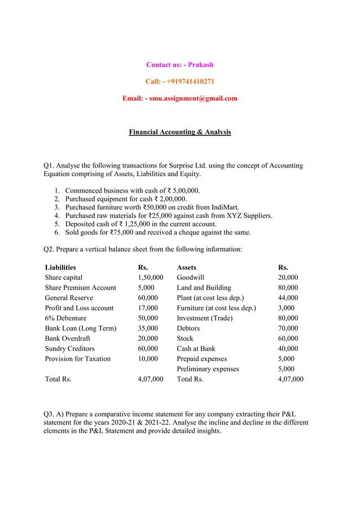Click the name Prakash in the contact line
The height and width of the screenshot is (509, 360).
201,64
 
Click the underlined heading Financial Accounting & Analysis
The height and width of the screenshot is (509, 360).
180,132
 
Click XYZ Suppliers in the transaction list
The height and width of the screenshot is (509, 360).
249,216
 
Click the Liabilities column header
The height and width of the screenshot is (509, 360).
60,267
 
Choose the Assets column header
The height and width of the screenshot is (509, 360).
187,267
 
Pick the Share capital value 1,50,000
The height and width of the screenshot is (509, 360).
151,277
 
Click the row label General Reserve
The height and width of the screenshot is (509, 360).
69,297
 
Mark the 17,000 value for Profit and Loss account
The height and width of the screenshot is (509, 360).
148,308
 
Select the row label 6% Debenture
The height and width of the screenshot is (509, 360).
66,318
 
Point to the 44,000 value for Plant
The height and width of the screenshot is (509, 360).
288,297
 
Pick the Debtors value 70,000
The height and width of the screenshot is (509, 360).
288,328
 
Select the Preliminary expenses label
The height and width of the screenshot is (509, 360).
208,368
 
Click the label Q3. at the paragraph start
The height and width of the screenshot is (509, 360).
50,414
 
